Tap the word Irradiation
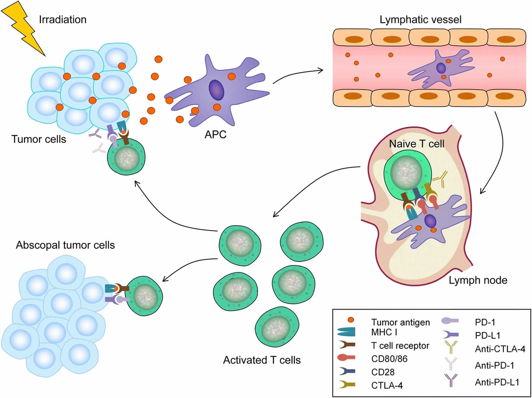click(62, 20)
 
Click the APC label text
click(215, 134)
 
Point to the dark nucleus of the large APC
click(216, 90)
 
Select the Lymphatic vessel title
click(420, 20)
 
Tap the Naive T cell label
click(417, 144)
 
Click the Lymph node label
click(478, 280)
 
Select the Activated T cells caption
click(262, 360)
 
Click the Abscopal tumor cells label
click(65, 245)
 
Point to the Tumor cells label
click(39, 139)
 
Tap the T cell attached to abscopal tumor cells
click(144, 295)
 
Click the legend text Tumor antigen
click(400, 322)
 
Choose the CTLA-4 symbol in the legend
click(347, 385)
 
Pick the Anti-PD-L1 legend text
click(497, 382)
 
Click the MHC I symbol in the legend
click(347, 332)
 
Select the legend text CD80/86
click(389, 359)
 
